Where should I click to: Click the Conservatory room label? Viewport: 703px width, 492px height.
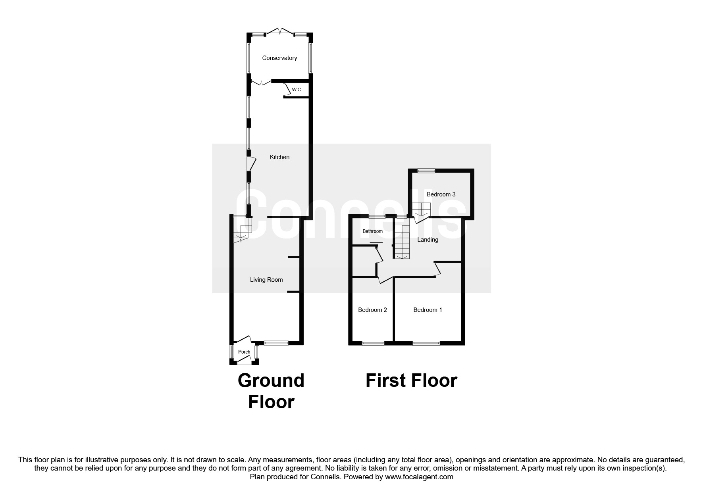(x=279, y=58)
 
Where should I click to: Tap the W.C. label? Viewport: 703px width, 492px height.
(x=297, y=90)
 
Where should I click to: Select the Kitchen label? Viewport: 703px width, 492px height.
(x=279, y=157)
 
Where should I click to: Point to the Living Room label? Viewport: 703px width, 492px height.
(x=266, y=280)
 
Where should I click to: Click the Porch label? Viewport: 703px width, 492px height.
(x=244, y=352)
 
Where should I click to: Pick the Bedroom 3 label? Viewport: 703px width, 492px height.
(x=441, y=194)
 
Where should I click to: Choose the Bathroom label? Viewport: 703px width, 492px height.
(x=372, y=231)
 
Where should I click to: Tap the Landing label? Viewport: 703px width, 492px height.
(x=428, y=240)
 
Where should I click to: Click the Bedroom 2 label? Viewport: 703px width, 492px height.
(x=372, y=310)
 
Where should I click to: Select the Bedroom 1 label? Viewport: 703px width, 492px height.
(x=428, y=310)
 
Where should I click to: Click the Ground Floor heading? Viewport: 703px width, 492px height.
(x=271, y=391)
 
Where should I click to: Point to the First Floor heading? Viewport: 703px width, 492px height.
(x=411, y=381)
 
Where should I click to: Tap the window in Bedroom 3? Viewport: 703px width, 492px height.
(x=426, y=171)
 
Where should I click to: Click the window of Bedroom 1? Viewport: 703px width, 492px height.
(x=426, y=343)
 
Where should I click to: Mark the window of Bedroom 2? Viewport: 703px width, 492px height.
(x=373, y=343)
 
